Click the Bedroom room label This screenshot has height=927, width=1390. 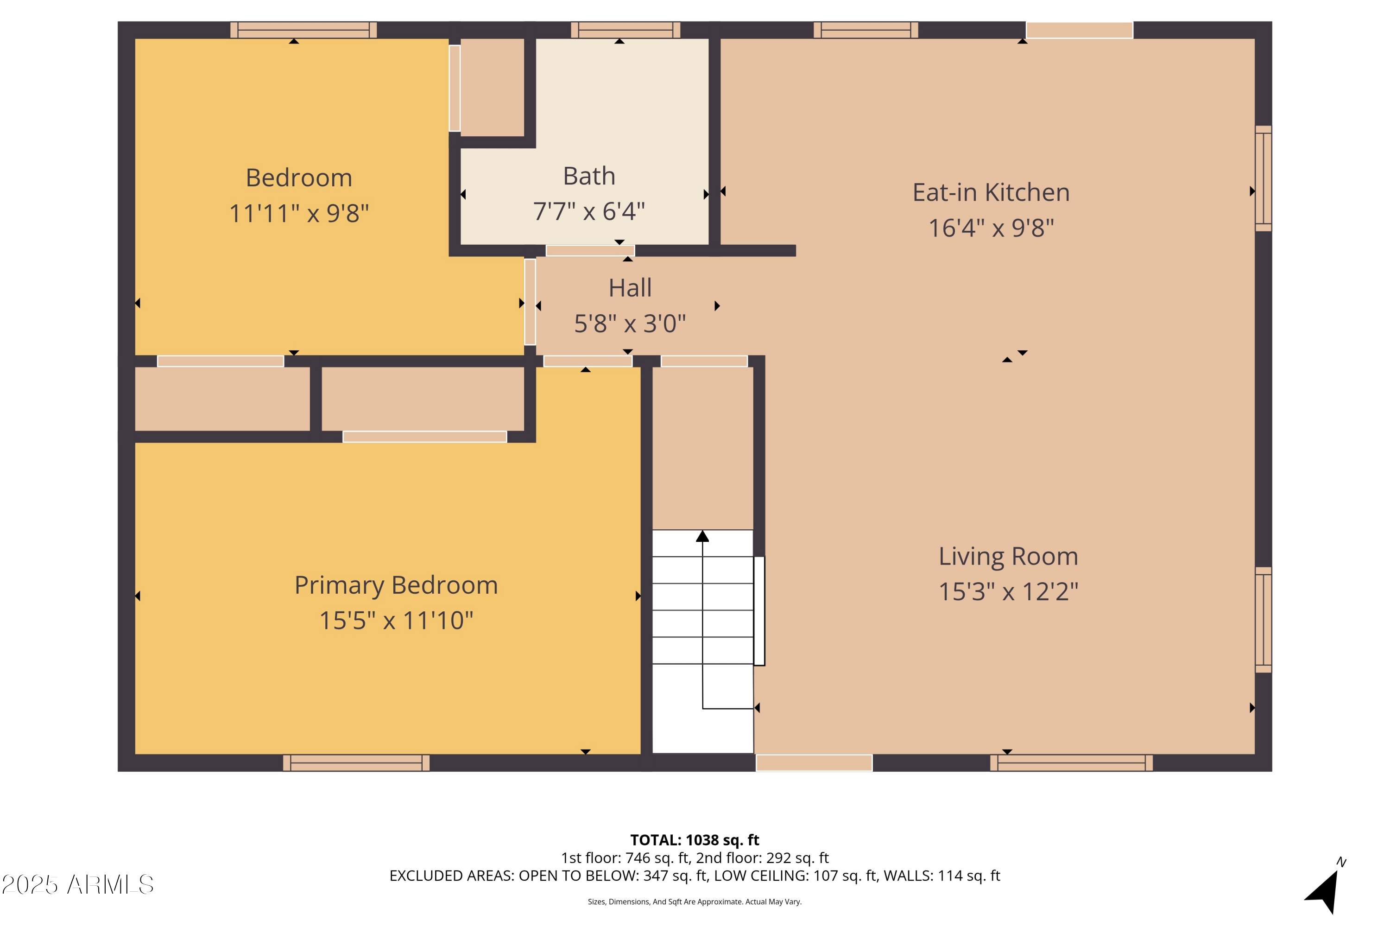click(298, 178)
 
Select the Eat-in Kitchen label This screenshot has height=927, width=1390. click(991, 193)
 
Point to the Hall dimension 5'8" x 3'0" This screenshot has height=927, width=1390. click(630, 324)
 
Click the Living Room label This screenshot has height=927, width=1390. click(1008, 556)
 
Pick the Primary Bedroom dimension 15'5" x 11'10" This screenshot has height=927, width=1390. click(396, 620)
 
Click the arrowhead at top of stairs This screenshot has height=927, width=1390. click(702, 536)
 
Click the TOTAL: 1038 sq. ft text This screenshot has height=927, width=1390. click(695, 840)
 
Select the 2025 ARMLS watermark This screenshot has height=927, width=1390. click(77, 885)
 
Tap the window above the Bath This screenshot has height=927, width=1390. click(625, 30)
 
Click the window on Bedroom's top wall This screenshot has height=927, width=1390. click(303, 30)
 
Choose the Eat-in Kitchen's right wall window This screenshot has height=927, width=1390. click(1263, 178)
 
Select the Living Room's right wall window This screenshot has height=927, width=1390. click(1263, 620)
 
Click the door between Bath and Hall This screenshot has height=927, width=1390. click(590, 251)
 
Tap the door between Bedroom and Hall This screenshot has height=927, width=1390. click(530, 302)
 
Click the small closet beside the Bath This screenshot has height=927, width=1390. click(492, 88)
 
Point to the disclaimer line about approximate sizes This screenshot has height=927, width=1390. click(695, 902)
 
